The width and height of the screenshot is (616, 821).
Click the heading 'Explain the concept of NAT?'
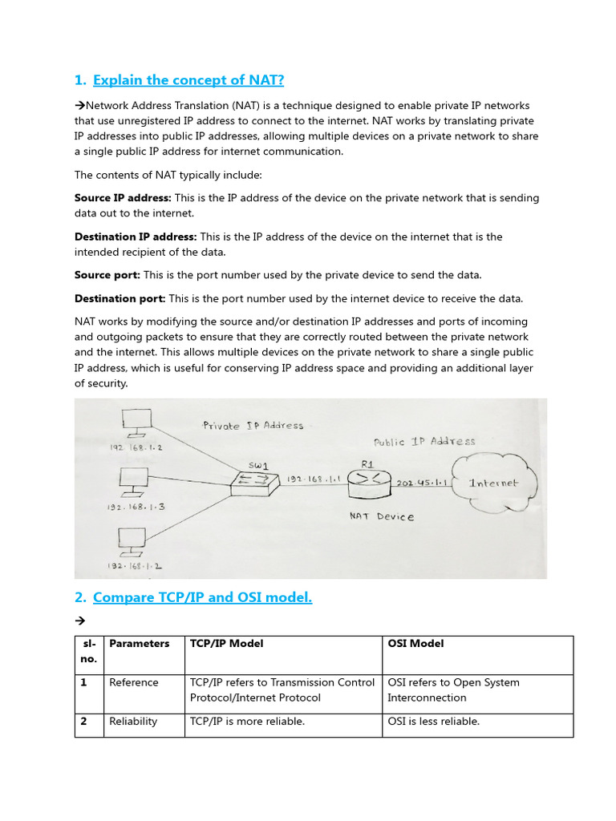(x=188, y=79)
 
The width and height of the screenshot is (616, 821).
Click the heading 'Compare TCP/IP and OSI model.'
(x=202, y=597)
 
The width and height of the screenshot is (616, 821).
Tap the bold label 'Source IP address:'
(x=123, y=198)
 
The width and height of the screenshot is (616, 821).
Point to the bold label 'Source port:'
(x=107, y=275)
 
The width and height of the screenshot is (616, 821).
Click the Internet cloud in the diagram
(x=493, y=483)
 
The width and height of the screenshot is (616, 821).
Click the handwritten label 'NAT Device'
(x=382, y=517)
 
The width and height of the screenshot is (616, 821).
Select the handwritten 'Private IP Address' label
(x=253, y=426)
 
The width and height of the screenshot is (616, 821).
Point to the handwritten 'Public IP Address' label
(x=424, y=441)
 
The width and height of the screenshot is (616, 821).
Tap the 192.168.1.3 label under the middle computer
(x=135, y=507)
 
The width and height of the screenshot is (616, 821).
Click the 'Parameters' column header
(x=140, y=643)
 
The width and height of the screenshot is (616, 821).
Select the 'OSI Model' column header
(x=415, y=643)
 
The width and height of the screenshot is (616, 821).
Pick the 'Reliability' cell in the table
(x=133, y=722)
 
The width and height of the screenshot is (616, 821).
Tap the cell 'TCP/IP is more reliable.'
(x=247, y=722)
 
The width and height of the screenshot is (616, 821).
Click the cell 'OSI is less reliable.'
(x=433, y=722)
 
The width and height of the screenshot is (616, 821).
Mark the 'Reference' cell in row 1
(x=134, y=682)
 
